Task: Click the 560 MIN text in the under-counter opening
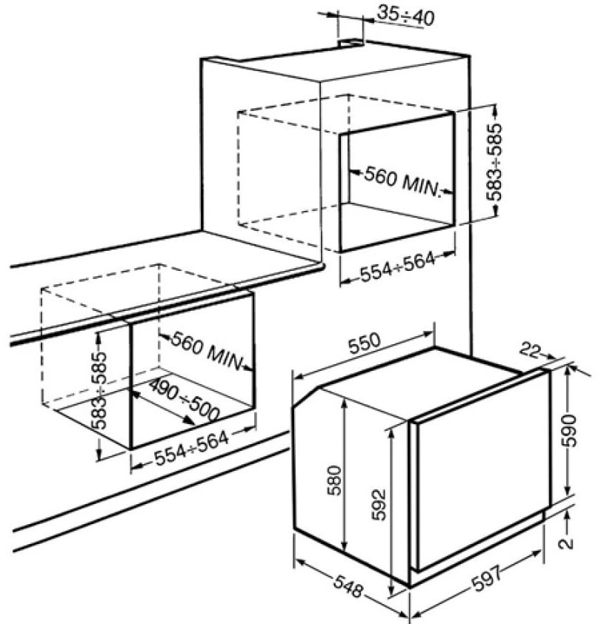coord(207,350)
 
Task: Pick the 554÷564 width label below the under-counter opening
coord(192,448)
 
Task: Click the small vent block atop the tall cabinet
coord(349,44)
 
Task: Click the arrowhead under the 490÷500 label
coord(190,420)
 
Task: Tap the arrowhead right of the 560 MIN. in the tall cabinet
coord(448,194)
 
